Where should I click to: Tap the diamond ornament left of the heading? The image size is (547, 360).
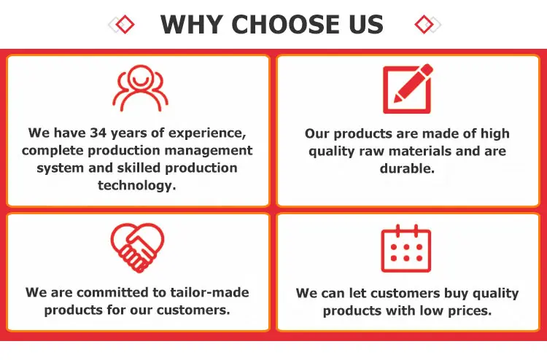[121, 24]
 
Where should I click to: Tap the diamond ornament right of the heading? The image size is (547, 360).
[427, 24]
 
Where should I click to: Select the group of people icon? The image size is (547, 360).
[140, 88]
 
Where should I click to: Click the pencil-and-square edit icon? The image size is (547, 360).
[408, 89]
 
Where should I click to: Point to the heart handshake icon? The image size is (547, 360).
[137, 248]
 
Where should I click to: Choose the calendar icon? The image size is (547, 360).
[406, 248]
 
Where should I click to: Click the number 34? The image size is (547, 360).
[98, 133]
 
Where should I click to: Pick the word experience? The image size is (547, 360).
[207, 133]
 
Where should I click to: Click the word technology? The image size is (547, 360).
[137, 185]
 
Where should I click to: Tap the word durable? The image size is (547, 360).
[407, 168]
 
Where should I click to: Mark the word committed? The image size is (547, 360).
[115, 292]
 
